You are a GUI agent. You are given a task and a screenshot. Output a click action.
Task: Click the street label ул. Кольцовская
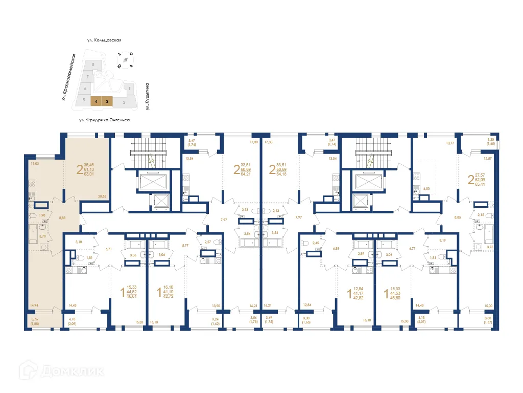pos(106,40)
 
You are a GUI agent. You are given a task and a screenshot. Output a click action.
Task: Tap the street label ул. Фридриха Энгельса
pos(104,120)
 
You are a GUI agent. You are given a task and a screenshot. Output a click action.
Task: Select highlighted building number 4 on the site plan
pos(96,101)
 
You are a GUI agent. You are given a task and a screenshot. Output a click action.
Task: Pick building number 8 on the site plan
pos(92,64)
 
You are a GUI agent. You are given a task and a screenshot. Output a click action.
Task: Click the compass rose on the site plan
pos(125,59)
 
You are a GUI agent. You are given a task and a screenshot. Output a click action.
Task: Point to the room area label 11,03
pos(34,163)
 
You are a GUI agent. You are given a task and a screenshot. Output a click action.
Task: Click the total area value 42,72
pos(169,297)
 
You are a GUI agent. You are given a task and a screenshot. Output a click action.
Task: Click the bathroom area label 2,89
pos(361,254)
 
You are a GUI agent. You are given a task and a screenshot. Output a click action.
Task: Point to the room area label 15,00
pos(489,307)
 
